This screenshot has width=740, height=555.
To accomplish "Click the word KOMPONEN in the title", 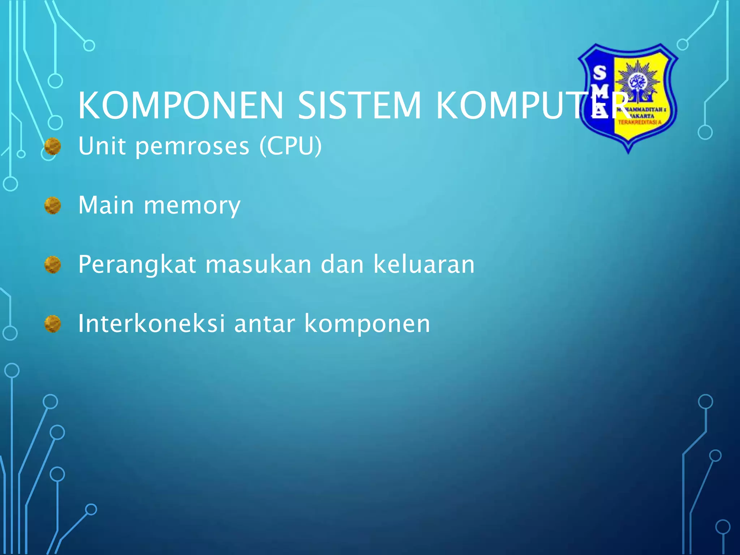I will point(181,106).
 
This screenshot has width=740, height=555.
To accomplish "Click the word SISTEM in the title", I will point(360,106).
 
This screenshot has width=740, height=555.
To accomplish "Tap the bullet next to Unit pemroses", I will point(53,146).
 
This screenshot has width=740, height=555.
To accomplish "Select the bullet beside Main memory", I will point(53,206).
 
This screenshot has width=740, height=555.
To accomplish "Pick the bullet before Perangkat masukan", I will point(53,265).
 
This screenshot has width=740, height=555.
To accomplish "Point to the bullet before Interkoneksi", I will point(53,324).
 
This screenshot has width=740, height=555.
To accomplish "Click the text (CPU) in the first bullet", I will point(291,146).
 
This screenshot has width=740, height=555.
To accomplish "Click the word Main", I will point(106,205).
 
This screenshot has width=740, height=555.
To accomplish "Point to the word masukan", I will point(258,264).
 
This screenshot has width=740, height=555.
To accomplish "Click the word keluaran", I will point(423,264).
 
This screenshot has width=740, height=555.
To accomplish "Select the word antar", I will point(264,324).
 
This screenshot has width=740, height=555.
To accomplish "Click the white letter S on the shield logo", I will point(600,73).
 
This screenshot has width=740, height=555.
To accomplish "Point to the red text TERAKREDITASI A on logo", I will point(640,122).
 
